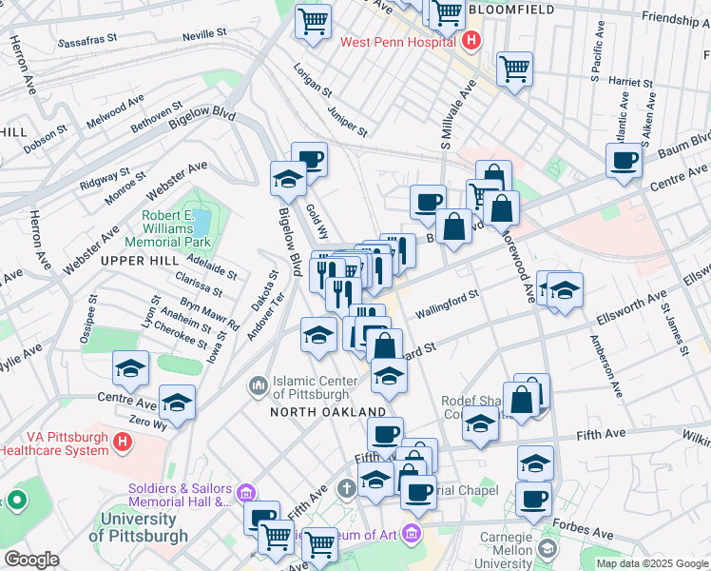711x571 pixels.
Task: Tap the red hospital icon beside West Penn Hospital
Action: point(471,42)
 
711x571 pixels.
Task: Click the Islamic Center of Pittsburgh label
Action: point(317,387)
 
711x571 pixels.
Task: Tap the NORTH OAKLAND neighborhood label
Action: point(328,412)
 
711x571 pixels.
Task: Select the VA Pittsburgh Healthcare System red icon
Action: point(122,442)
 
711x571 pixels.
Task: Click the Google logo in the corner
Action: point(31,560)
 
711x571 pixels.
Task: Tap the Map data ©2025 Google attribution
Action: point(651,563)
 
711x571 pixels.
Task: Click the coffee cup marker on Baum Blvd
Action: point(625,161)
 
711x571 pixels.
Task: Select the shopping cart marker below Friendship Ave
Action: point(514,68)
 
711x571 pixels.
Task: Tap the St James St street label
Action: point(674,329)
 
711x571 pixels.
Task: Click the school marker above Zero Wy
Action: point(177,404)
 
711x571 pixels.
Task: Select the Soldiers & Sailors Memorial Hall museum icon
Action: point(246,492)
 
